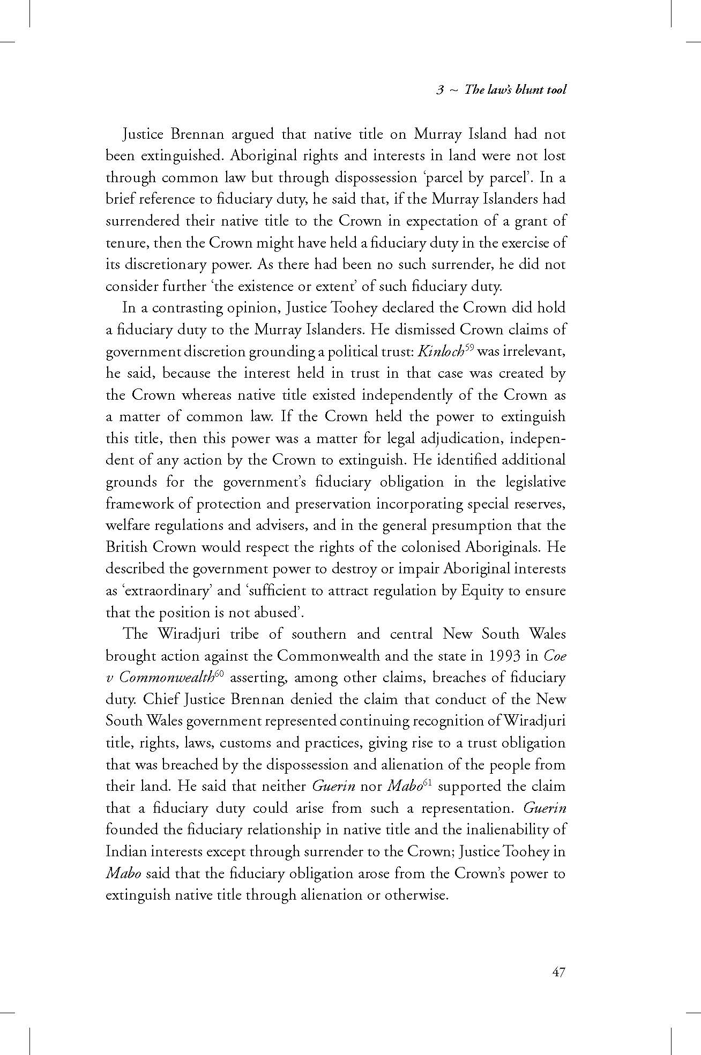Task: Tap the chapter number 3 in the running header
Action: click(439, 90)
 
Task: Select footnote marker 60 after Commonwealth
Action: click(219, 674)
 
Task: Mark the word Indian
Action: click(123, 852)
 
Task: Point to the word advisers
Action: click(280, 526)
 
